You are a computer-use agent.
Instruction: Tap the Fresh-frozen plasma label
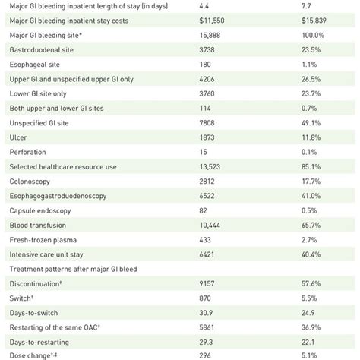tap(46, 239)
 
